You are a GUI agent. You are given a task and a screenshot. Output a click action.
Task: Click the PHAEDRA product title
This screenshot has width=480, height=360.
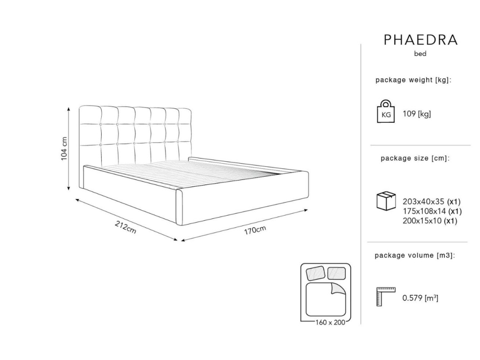click(420, 40)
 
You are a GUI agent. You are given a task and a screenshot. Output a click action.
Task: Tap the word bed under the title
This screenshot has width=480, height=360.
click(420, 54)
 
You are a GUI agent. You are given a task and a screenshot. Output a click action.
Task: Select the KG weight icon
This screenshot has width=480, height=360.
click(386, 112)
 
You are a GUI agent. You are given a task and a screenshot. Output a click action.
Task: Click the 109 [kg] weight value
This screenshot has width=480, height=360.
click(417, 114)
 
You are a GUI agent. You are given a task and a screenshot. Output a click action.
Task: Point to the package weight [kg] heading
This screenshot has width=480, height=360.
click(413, 80)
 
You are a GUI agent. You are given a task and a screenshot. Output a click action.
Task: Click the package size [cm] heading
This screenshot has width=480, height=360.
click(415, 158)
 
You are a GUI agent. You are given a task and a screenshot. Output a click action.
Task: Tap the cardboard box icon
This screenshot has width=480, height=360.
click(386, 201)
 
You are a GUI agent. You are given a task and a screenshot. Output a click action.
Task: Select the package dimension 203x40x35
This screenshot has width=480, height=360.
click(423, 202)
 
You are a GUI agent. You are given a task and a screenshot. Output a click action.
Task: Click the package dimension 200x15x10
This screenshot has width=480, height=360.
click(423, 221)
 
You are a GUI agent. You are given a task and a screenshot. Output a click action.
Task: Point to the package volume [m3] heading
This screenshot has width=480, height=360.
click(414, 255)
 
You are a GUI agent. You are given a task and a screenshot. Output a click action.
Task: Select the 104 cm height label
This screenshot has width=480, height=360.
click(64, 149)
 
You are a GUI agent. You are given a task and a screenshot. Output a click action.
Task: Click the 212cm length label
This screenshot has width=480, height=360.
click(126, 228)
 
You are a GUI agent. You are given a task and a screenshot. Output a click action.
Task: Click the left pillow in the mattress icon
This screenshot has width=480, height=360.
click(316, 272)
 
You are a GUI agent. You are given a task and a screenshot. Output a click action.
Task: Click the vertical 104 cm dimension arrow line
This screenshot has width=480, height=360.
click(69, 149)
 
